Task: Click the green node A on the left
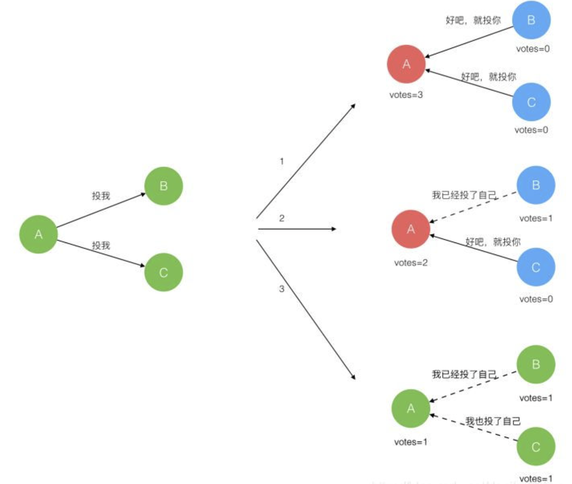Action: click(x=38, y=234)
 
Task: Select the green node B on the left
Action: click(x=163, y=186)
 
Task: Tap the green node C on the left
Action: click(x=163, y=272)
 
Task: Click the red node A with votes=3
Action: click(x=406, y=64)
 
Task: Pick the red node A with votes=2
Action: click(x=411, y=229)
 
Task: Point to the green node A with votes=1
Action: click(x=411, y=408)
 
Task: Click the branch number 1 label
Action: click(x=282, y=161)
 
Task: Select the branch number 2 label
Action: click(x=282, y=218)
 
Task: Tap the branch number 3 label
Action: click(x=282, y=289)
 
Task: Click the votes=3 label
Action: click(x=406, y=95)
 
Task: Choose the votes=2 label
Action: click(x=411, y=262)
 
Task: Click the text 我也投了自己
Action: click(x=493, y=421)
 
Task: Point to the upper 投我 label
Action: click(x=101, y=196)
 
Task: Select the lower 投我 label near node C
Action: click(x=101, y=245)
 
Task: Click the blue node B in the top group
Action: click(x=531, y=20)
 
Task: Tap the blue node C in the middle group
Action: click(x=536, y=267)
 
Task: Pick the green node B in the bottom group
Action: click(x=536, y=364)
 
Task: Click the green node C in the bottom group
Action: click(x=536, y=447)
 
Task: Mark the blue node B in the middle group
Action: click(x=536, y=185)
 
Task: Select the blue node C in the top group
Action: click(x=531, y=102)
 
